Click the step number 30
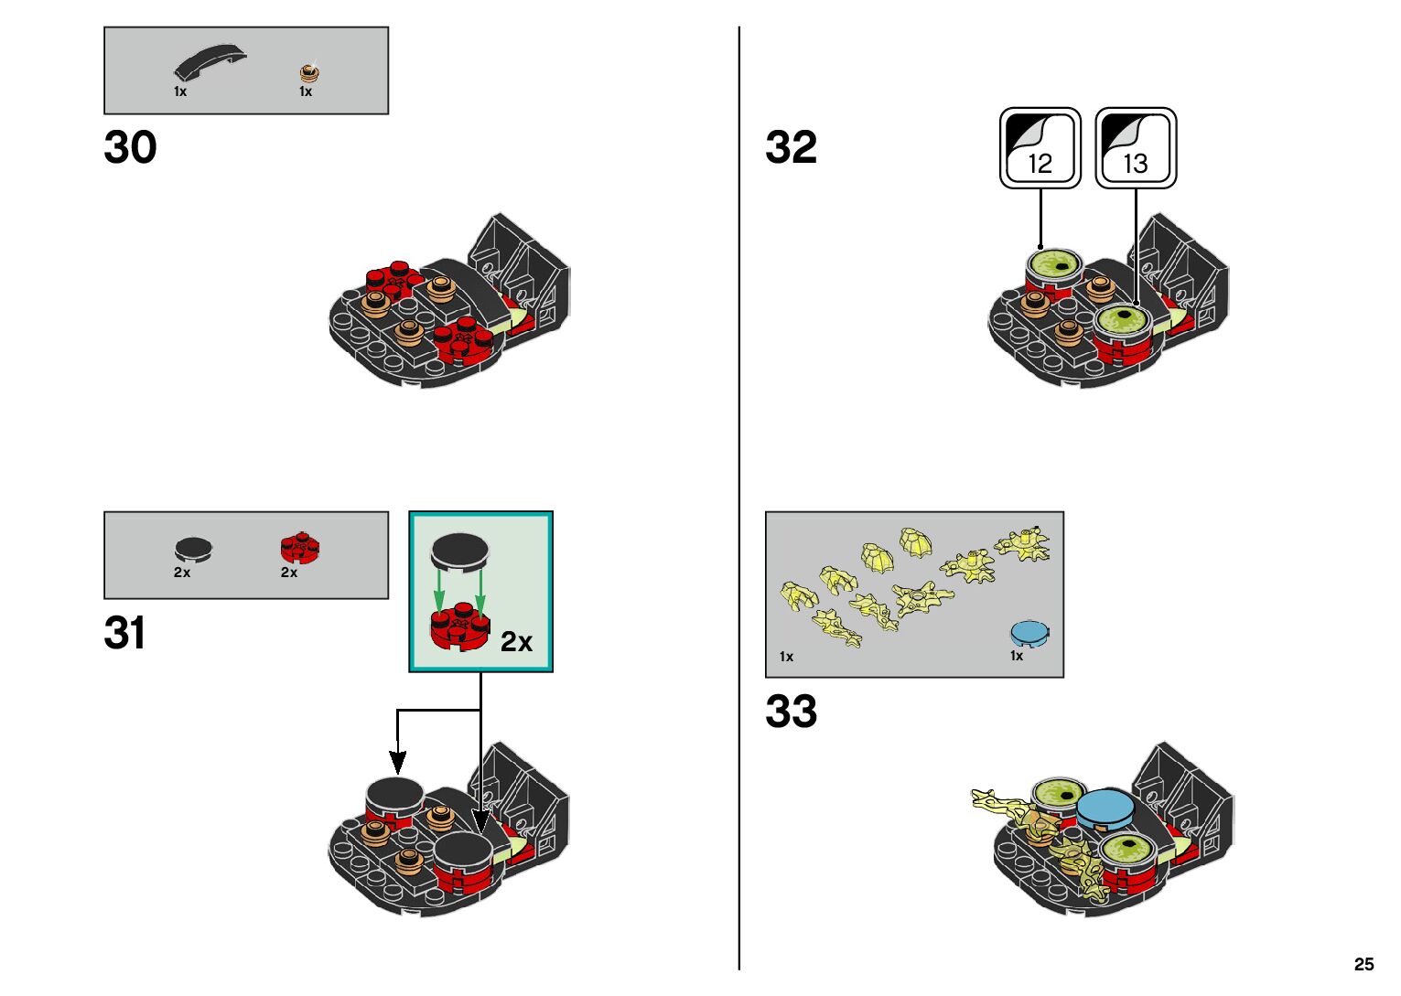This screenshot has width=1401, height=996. [130, 147]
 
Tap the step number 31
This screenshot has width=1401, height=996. [124, 633]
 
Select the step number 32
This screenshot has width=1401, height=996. [791, 147]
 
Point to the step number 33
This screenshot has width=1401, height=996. [791, 712]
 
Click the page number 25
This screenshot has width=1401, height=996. [1363, 964]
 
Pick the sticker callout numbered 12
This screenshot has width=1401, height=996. [1040, 148]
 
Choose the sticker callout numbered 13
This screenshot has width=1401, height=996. [1136, 148]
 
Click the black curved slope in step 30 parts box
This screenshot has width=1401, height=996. [210, 63]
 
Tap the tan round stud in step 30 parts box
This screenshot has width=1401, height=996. [311, 73]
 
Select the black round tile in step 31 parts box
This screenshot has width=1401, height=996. [193, 549]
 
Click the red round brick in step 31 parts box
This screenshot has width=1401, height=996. [300, 548]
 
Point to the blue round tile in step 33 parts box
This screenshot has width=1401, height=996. [1029, 633]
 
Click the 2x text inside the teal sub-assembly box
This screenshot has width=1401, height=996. [516, 642]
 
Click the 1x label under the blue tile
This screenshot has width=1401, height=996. [1017, 656]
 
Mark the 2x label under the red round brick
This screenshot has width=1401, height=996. [289, 573]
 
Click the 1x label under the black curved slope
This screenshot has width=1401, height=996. [180, 91]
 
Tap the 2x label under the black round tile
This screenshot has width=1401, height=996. [182, 573]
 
